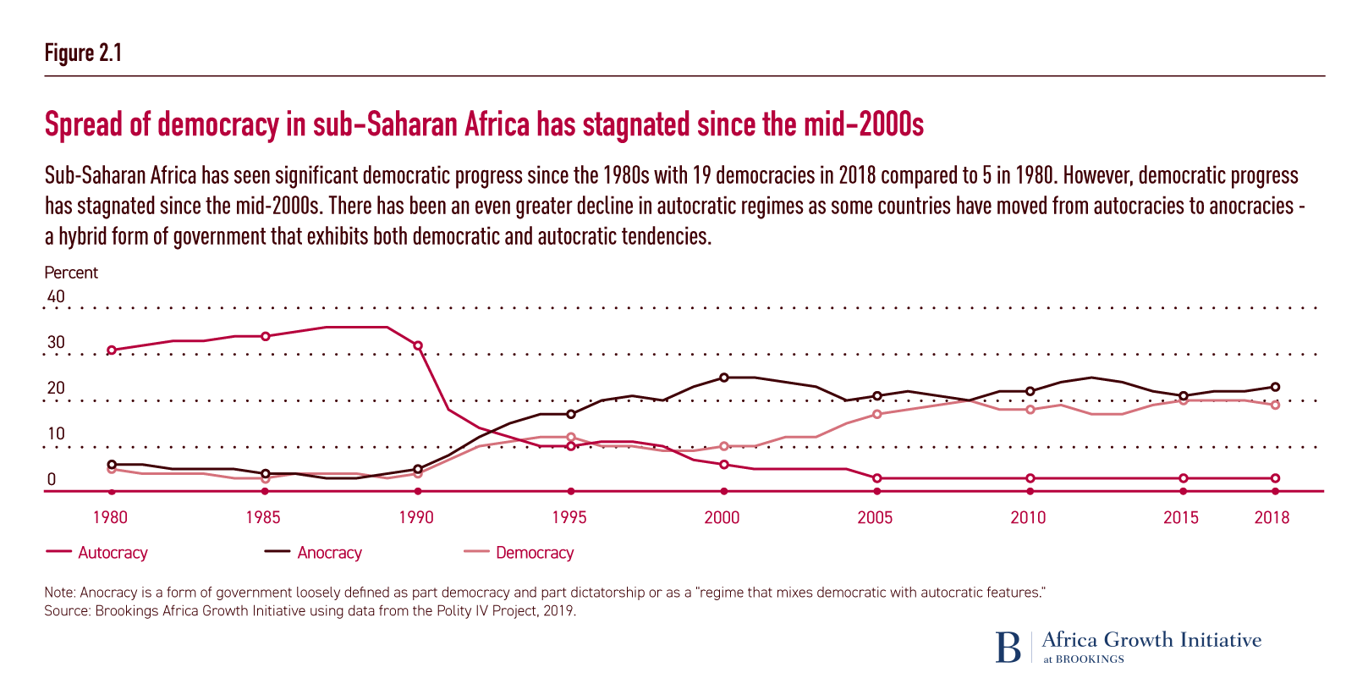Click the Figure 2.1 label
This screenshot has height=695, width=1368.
pos(83,53)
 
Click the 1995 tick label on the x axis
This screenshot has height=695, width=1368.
pos(569,517)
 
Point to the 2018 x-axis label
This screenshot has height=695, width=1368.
pos(1272,517)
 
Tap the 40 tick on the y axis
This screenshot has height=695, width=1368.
pos(56,296)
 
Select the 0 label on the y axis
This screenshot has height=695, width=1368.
pos(52,479)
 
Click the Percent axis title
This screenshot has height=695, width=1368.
pos(71,273)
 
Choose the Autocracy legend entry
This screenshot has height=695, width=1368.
pos(113,553)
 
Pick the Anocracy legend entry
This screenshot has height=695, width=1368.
pos(329,553)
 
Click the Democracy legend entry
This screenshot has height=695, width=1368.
pos(534,553)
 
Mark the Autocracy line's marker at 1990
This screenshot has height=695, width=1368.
pos(417,345)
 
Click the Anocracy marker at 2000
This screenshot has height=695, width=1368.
pos(723,378)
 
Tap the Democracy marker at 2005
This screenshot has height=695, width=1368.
pos(877,414)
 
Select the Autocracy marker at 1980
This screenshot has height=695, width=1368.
pos(111,350)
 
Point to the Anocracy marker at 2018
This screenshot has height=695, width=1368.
pos(1275,387)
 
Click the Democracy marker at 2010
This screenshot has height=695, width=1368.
pos(1030,410)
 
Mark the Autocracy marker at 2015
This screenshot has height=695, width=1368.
pos(1184,478)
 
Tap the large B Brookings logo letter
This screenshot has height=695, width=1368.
pos(1008,648)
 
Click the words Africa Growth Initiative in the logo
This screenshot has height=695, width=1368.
pos(1151,640)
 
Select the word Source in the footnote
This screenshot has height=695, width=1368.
pos(64,610)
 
